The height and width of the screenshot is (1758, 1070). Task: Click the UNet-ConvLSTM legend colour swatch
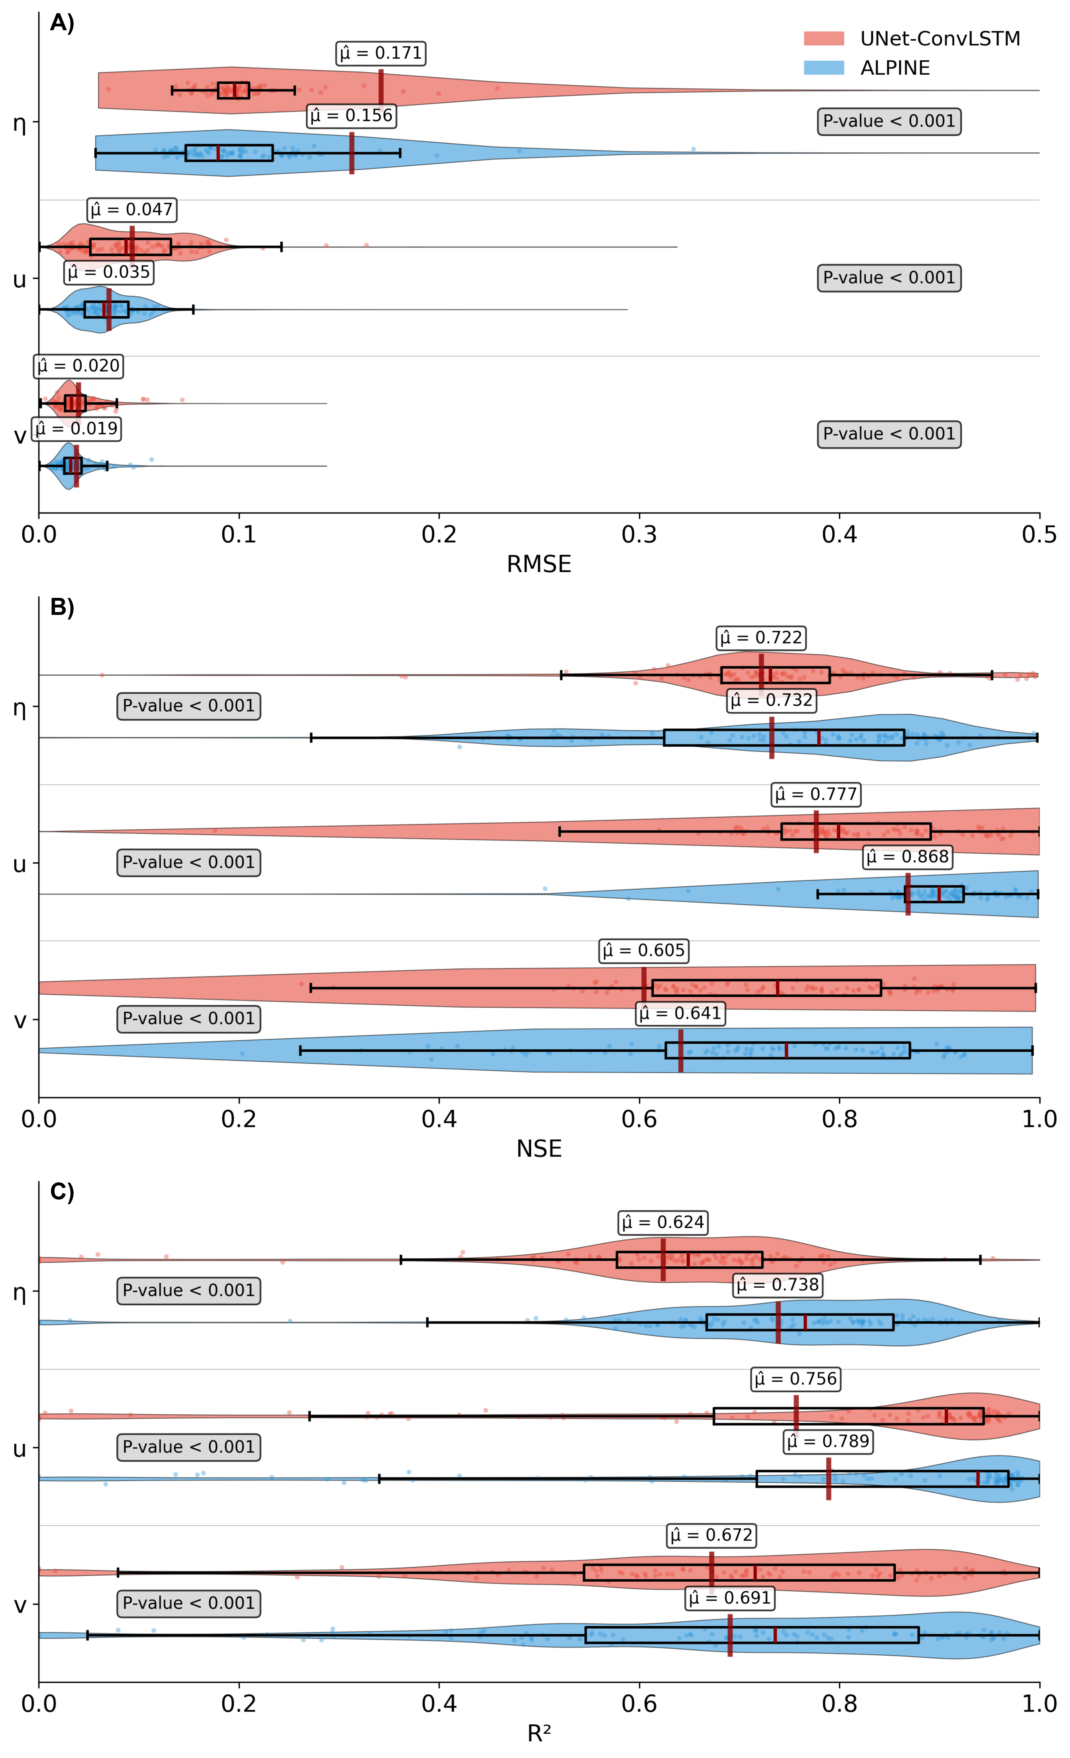(824, 38)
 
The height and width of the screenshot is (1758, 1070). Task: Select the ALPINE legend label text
(895, 68)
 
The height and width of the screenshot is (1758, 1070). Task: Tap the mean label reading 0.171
(381, 53)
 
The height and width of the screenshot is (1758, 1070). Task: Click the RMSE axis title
(539, 564)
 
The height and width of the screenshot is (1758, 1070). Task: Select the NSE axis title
(539, 1149)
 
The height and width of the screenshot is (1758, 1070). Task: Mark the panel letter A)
(62, 24)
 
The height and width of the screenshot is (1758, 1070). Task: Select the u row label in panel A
(20, 279)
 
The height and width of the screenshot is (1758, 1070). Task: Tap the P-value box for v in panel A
(889, 434)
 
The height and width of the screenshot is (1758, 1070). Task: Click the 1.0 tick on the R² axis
(1039, 1704)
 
